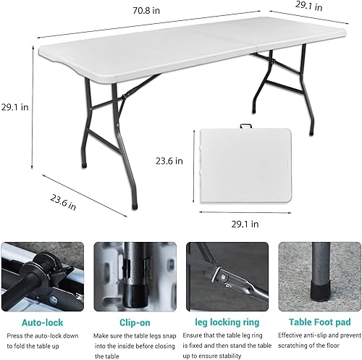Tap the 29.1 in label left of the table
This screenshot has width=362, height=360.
click(14, 106)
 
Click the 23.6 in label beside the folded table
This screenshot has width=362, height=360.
click(170, 162)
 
